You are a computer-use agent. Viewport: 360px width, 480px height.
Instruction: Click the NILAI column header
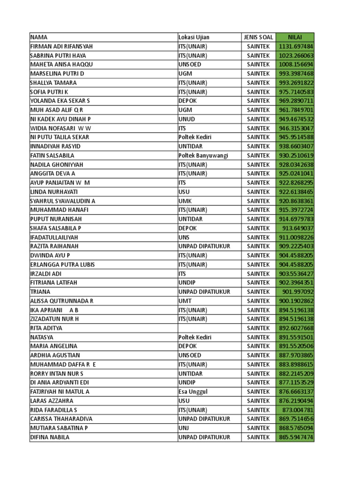295,37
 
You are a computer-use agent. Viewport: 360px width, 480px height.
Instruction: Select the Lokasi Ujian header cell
194,37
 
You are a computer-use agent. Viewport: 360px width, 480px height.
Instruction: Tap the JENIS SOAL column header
258,37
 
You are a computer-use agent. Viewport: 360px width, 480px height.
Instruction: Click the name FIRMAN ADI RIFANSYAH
61,46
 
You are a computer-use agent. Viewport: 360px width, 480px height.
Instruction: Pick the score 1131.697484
296,46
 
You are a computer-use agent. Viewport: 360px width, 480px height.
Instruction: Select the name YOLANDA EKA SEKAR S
60,101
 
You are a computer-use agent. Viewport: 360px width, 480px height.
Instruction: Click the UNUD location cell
187,119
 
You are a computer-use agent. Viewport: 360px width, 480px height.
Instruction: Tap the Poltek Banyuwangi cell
202,155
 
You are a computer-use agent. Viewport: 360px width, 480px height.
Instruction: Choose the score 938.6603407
296,146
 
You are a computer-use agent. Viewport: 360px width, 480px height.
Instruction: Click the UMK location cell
186,201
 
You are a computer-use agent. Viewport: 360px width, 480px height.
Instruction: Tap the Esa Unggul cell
193,391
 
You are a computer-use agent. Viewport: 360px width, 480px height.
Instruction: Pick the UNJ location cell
185,428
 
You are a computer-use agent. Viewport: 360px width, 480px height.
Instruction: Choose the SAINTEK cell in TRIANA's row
258,292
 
